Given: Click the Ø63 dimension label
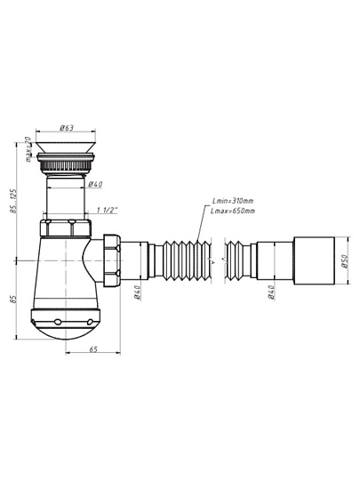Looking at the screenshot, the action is click(x=67, y=127).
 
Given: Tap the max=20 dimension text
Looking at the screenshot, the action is click(x=28, y=149).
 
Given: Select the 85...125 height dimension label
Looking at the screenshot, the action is click(x=13, y=201).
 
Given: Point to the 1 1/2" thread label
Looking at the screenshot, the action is click(x=108, y=210).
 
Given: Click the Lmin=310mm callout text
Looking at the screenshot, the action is click(x=233, y=201).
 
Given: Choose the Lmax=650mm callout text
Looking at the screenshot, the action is click(x=233, y=211).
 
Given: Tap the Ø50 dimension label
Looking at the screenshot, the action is click(x=345, y=260).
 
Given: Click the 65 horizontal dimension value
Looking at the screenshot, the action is click(x=93, y=349).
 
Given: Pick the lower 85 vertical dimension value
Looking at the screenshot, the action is click(x=12, y=299).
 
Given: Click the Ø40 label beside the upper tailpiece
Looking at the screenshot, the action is click(x=95, y=184).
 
